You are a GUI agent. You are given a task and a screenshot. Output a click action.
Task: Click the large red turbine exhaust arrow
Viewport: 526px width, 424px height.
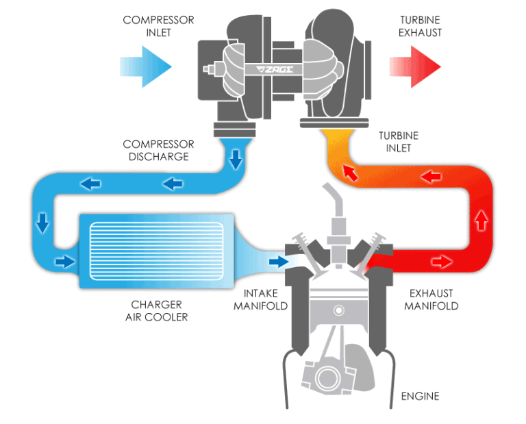coord(415,66)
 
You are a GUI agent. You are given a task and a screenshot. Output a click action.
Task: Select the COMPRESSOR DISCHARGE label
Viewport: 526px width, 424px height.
coord(158,150)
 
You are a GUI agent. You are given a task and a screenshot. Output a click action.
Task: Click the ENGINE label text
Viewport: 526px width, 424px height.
coord(418,396)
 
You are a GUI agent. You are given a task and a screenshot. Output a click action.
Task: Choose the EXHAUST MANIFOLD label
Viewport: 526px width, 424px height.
coord(431,300)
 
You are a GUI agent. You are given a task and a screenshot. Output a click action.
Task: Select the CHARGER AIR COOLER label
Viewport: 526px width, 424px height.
coord(156,311)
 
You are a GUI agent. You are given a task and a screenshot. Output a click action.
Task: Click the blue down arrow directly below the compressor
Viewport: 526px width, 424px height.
coord(236,160)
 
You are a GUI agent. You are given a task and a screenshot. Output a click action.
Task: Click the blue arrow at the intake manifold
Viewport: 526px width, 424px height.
coord(279,261)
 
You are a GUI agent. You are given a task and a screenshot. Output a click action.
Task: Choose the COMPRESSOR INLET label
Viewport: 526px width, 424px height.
coord(149,26)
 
